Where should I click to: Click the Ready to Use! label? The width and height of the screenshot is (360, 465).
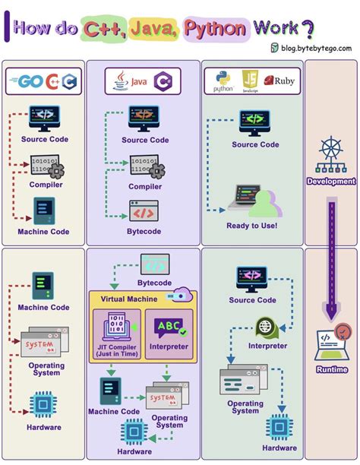(251, 226)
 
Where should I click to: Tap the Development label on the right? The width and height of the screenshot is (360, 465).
(330, 182)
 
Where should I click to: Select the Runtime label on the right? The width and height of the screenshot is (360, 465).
(331, 369)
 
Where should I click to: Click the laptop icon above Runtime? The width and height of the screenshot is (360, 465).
(331, 342)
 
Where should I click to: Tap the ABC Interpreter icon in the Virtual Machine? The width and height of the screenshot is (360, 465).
(169, 327)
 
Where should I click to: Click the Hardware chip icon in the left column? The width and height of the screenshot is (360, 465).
(43, 404)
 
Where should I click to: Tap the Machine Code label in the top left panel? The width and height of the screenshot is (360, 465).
(43, 232)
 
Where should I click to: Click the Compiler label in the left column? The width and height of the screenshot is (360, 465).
(45, 184)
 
